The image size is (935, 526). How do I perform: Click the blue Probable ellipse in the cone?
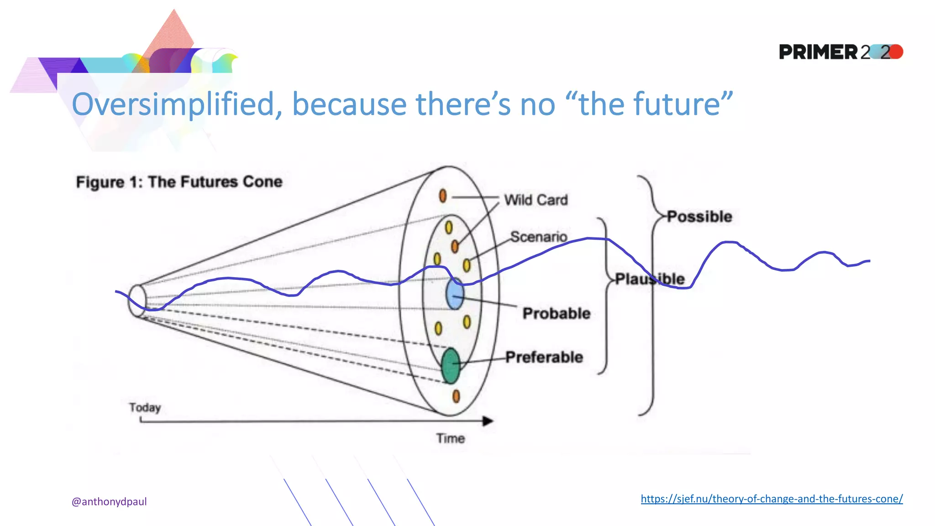(x=455, y=295)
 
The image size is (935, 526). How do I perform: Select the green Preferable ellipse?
(x=451, y=366)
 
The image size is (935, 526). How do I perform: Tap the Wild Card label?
(x=536, y=200)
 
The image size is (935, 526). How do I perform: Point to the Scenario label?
(x=539, y=237)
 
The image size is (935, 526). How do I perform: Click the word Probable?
(x=557, y=313)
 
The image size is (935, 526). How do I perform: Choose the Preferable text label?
(x=544, y=357)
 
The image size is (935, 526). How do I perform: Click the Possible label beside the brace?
(x=700, y=216)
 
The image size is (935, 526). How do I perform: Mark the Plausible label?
(x=650, y=279)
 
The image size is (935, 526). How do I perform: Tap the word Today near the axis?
(x=145, y=407)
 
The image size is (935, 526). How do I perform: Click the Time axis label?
(x=450, y=438)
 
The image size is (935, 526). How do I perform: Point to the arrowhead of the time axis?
(x=488, y=421)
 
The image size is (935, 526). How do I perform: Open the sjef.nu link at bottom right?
(x=772, y=499)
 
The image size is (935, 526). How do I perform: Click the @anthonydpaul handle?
(x=109, y=501)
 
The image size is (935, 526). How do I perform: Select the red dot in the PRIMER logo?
(x=896, y=52)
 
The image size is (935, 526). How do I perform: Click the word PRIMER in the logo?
(x=818, y=52)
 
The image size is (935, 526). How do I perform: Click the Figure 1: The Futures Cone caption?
(x=179, y=182)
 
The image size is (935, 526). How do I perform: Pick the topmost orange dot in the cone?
(x=442, y=195)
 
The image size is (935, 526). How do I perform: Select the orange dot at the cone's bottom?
(x=456, y=396)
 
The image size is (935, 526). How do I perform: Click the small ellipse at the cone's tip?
(x=137, y=300)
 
